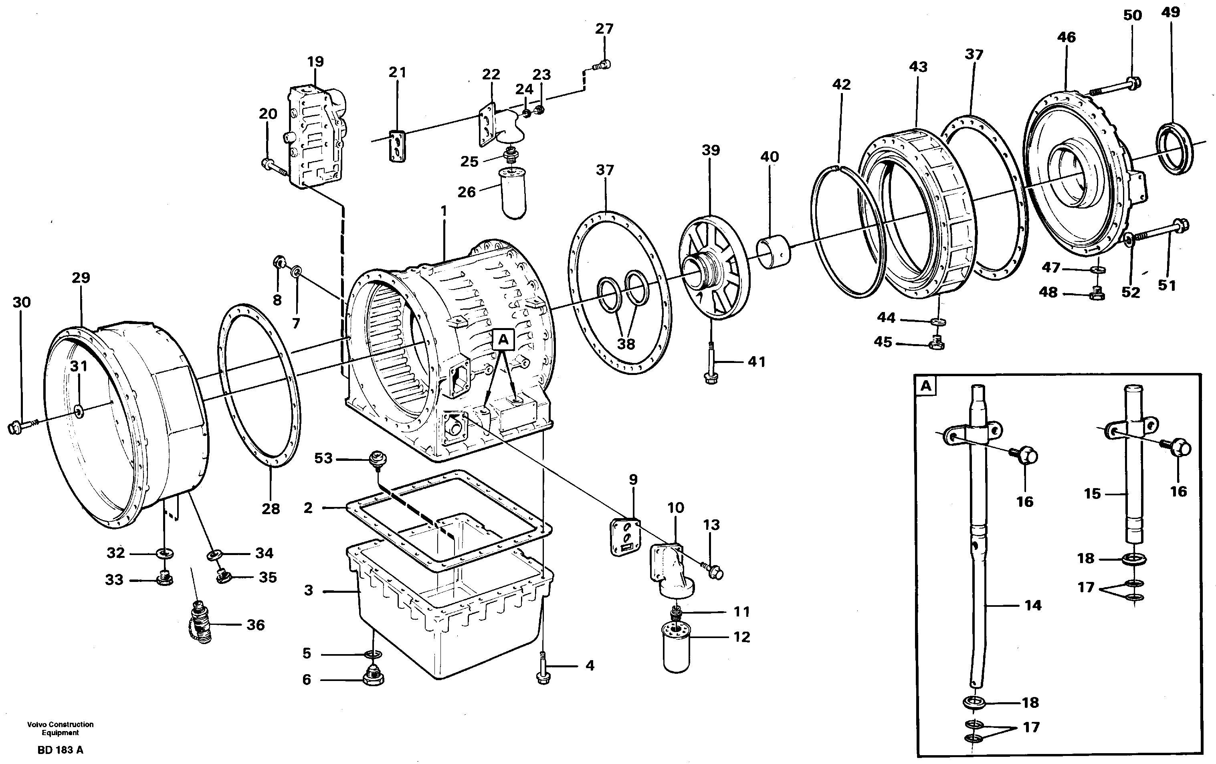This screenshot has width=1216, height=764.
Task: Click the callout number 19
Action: coord(315,62)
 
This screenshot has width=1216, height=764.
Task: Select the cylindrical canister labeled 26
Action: coord(512,194)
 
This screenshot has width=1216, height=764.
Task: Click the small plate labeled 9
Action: coord(625,537)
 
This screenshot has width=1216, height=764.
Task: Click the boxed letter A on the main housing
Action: coord(503,340)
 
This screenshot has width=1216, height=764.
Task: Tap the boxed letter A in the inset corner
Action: coord(926,387)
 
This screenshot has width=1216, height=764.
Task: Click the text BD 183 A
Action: coord(60,750)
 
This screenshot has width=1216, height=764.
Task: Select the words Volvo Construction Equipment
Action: coord(60,728)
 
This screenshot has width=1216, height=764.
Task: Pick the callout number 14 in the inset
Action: coord(1033,605)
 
